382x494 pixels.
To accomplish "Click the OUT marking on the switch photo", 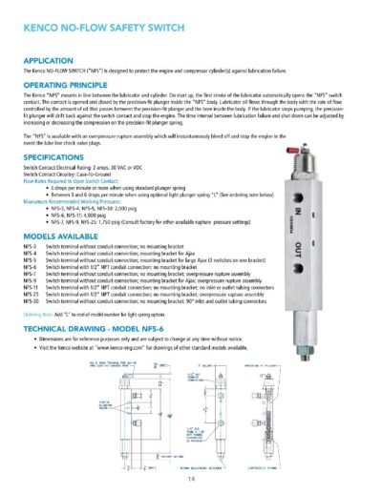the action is (322, 249).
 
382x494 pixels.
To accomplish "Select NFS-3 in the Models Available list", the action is (30, 245).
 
